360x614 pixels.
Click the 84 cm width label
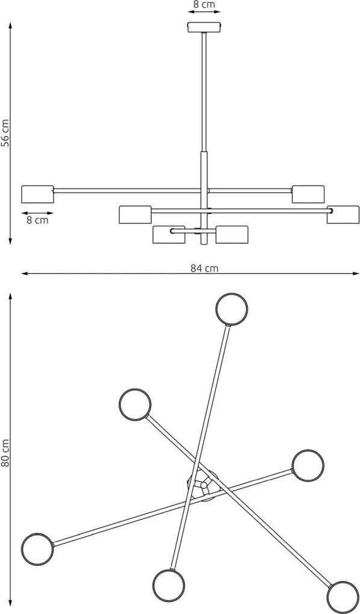coord(204,268)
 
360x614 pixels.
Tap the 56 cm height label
coord(5,133)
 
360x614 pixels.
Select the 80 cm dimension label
coord(5,453)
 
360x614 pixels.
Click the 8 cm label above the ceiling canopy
coord(204,5)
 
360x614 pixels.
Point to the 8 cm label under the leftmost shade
coord(37,220)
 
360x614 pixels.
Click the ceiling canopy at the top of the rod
coord(204,28)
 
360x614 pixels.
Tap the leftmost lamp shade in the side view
coord(37,194)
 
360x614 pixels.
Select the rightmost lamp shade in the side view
coord(343,214)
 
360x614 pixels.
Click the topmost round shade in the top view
coord(232,309)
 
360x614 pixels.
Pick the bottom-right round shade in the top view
coord(343,598)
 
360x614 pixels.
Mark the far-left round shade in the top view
coord(37,549)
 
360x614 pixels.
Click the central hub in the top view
coord(203,485)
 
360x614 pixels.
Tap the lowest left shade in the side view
coord(169,235)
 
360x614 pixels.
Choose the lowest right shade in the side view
coord(232,235)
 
